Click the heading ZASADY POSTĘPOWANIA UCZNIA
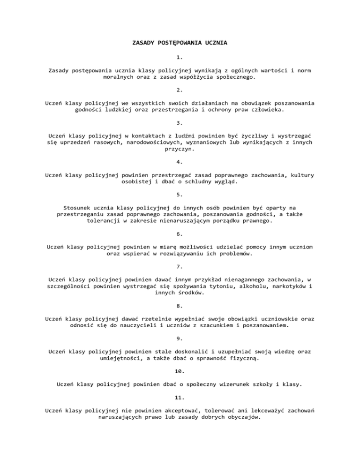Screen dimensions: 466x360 [x=180, y=44]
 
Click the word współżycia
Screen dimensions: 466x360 [x=190, y=77]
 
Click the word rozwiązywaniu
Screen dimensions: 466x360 [x=171, y=254]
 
